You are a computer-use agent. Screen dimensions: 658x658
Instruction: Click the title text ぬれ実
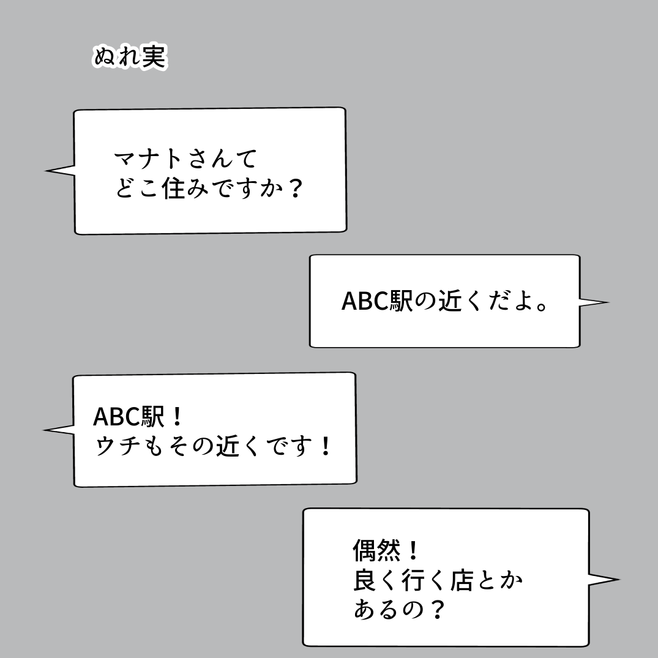coord(130,57)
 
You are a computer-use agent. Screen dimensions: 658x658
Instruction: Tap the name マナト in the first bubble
coord(148,159)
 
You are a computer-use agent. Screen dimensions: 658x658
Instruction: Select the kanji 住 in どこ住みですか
coord(174,188)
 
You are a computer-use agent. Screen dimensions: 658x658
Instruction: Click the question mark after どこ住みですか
coord(296,189)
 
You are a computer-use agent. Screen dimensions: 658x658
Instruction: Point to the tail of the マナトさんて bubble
coord(59,171)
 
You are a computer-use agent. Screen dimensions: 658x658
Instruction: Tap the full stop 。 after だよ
coord(542,306)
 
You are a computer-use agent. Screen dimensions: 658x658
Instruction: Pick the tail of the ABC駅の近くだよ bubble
coord(594,302)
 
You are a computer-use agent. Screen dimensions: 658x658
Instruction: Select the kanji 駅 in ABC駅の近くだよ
coord(402,301)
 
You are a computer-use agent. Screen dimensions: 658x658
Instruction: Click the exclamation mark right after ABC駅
coord(177,416)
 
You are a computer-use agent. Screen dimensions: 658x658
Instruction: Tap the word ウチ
coord(117,446)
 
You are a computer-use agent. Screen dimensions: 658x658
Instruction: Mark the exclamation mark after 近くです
coord(325,446)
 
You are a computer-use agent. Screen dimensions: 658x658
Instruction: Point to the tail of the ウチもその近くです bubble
coord(59,430)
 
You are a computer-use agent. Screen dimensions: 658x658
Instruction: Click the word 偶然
coord(376,550)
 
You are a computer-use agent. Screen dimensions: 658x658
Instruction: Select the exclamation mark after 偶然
coord(413,550)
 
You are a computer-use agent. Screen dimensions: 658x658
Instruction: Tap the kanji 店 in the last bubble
coord(462,580)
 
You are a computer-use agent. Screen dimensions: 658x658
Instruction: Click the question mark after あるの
coord(438,610)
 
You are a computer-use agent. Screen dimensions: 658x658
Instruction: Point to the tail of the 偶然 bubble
coord(604,580)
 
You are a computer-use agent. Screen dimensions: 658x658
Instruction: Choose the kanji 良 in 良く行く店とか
coord(364,580)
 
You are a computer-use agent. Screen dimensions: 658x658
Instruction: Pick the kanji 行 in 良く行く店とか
coord(413,580)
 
